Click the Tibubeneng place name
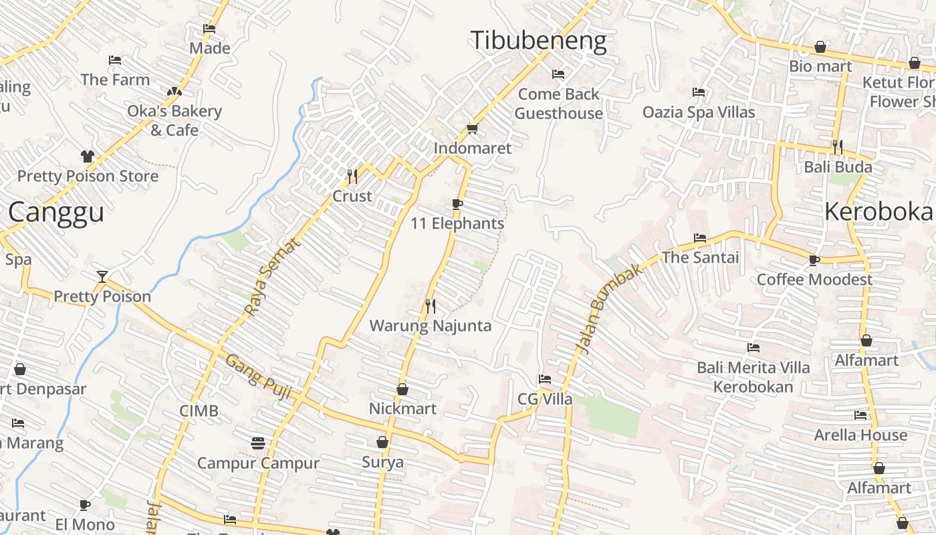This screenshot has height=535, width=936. click(539, 40)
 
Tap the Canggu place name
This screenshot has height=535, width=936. click(56, 213)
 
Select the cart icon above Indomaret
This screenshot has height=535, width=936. click(473, 128)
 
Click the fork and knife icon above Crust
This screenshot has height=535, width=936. click(352, 177)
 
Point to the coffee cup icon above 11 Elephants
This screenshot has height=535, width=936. click(457, 204)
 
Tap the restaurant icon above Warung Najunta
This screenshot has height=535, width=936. click(431, 306)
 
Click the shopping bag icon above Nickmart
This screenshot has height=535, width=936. click(402, 389)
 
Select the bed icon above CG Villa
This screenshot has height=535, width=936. click(545, 379)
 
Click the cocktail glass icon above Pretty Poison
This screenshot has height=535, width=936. click(102, 276)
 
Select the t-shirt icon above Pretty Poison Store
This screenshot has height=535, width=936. click(88, 156)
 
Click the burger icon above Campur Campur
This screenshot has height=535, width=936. click(258, 443)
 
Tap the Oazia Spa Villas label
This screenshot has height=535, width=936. click(699, 112)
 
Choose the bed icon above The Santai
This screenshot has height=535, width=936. click(700, 238)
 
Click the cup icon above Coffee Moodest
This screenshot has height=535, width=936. click(814, 260)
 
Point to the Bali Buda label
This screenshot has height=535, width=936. click(838, 167)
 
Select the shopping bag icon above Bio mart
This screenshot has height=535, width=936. click(820, 47)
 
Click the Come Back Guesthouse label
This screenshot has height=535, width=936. click(559, 104)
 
